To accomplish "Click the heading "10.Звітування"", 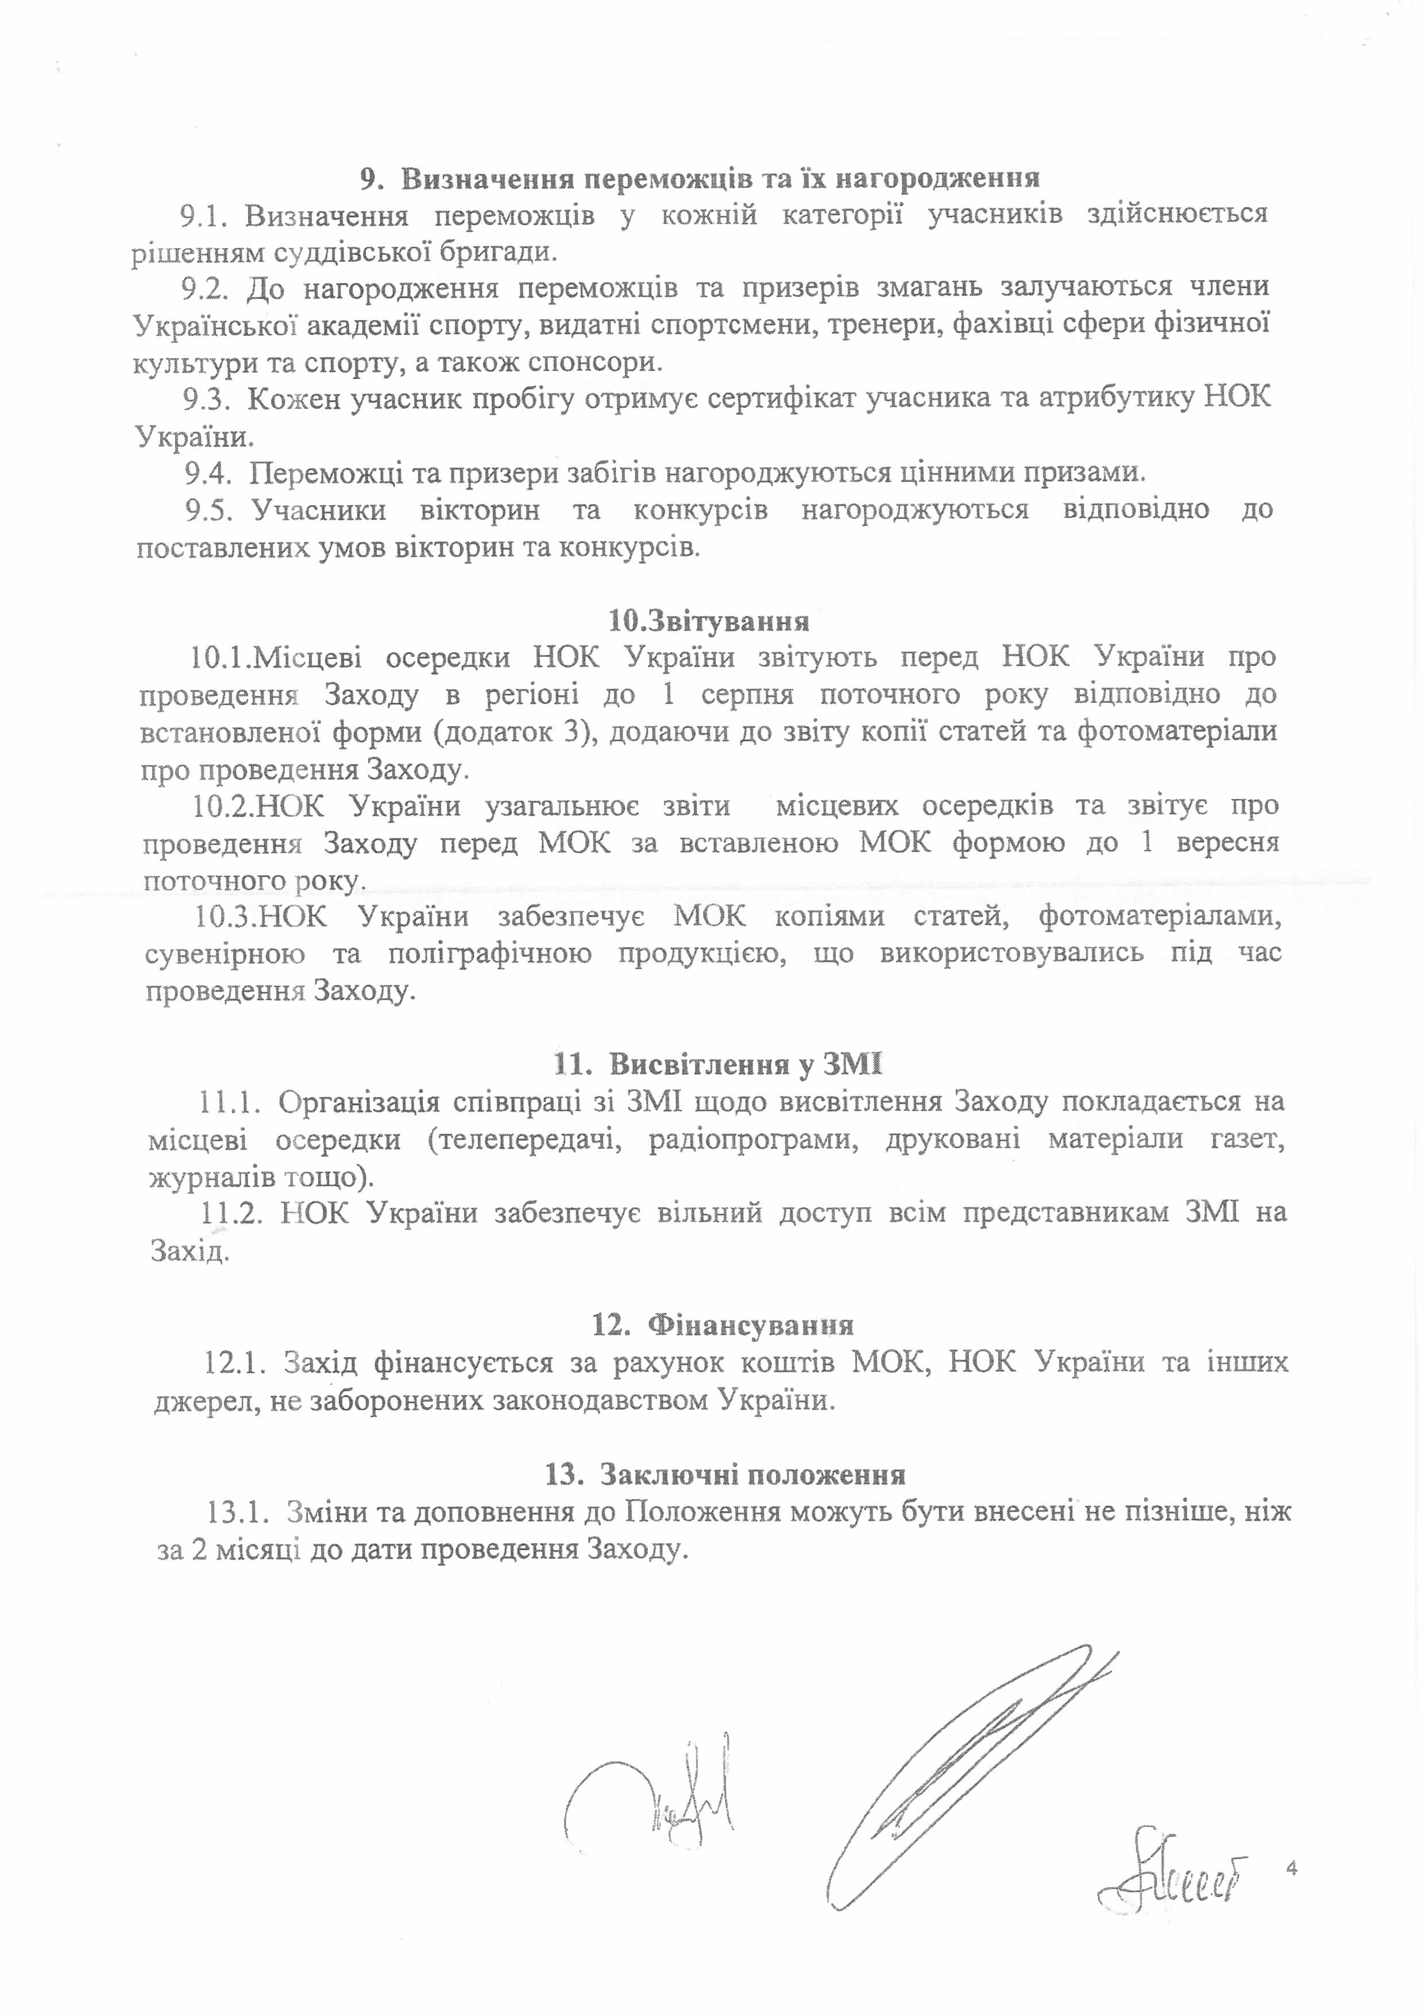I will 708,622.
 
